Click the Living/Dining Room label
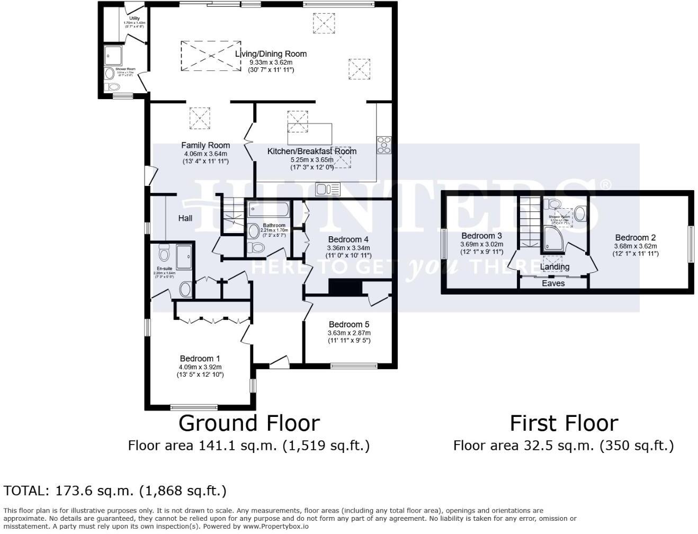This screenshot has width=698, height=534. pos(271,54)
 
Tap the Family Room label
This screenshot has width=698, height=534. pos(205,145)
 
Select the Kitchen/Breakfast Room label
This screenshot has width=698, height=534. pos(311,151)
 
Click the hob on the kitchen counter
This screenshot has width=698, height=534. pos(384,145)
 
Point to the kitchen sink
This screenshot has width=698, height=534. pos(327,189)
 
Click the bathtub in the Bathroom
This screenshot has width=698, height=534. pos(268,209)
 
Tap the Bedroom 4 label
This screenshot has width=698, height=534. pos(348,239)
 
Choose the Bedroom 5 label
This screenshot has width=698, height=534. pos(348,324)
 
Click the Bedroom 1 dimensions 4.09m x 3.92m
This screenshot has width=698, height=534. pos(200,367)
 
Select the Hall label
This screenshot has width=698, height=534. pos(185,218)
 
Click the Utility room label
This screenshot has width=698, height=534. pos(134,19)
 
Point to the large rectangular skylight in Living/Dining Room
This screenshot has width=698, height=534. pos(211,55)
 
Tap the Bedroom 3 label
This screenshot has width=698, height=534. pos(481,236)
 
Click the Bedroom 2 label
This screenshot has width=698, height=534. pos(635,237)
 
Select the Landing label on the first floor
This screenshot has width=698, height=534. pos(554,267)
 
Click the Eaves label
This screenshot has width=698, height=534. pos(553,283)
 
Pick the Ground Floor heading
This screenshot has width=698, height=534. pos(249,423)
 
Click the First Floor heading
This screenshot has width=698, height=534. pos(563,423)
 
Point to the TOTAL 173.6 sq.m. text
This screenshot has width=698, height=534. pos(115,491)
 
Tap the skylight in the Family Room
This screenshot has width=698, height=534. pos(200,118)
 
